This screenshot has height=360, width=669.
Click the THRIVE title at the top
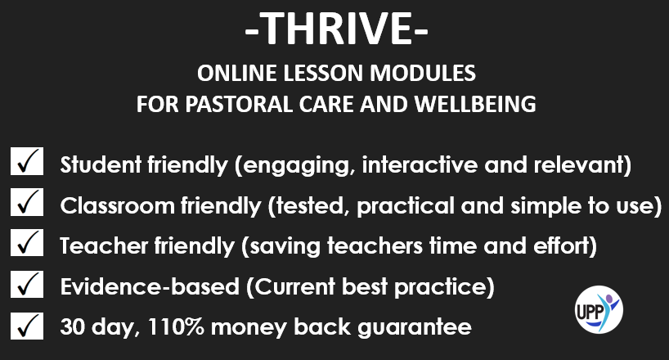[337, 28]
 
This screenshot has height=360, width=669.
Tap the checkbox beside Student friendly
[27, 161]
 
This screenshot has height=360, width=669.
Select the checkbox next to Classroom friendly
[27, 202]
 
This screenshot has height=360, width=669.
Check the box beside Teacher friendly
[27, 242]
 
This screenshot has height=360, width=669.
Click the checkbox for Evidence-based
[27, 284]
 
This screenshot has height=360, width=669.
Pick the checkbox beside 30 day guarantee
[27, 326]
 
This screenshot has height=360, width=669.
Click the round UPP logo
[599, 309]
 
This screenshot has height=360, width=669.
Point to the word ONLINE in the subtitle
[237, 73]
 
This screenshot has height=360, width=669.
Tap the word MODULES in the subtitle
[422, 73]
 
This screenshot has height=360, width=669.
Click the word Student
[101, 164]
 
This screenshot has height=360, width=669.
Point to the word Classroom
[117, 206]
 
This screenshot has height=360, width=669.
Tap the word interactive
[420, 164]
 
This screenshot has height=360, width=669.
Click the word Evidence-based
[150, 286]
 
